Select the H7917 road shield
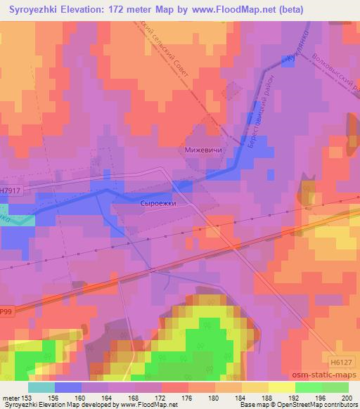[x=9, y=190]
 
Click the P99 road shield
[x=6, y=310]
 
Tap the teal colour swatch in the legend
[x=41, y=387]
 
